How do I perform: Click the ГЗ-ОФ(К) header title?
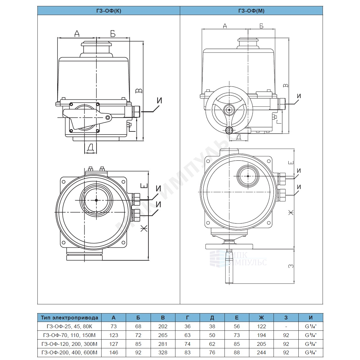click(108, 11)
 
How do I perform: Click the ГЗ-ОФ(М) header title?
click(252, 11)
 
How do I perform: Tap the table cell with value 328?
click(163, 352)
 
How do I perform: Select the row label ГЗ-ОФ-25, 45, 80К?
click(69, 326)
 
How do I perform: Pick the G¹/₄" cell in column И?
click(311, 326)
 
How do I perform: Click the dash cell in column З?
click(286, 326)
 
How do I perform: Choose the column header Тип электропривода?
click(69, 318)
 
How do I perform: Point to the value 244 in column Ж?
click(261, 352)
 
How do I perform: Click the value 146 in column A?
click(114, 352)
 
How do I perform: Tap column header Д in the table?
click(212, 318)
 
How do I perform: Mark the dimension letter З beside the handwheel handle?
click(291, 266)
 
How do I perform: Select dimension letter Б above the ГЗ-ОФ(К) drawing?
click(113, 34)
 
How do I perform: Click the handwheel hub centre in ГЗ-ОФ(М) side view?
click(229, 110)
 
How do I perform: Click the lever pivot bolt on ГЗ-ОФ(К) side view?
click(108, 118)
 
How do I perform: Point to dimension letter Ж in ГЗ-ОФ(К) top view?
click(144, 229)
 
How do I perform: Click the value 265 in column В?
click(163, 335)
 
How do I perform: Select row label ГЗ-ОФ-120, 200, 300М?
click(69, 344)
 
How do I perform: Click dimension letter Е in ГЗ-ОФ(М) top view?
click(291, 163)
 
